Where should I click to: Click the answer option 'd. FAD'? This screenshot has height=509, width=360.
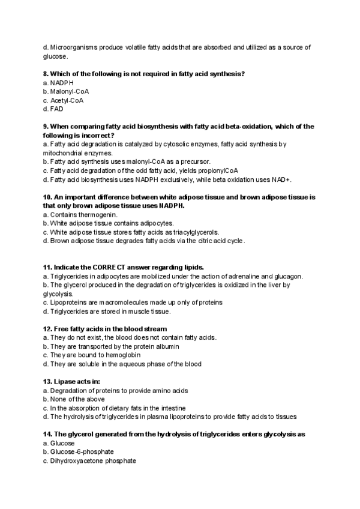tap(53, 109)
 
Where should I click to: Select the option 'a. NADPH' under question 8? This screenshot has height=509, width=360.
tap(58, 82)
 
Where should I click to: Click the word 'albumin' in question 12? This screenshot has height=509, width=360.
tap(166, 346)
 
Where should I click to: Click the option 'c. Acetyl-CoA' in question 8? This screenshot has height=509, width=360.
tap(63, 100)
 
